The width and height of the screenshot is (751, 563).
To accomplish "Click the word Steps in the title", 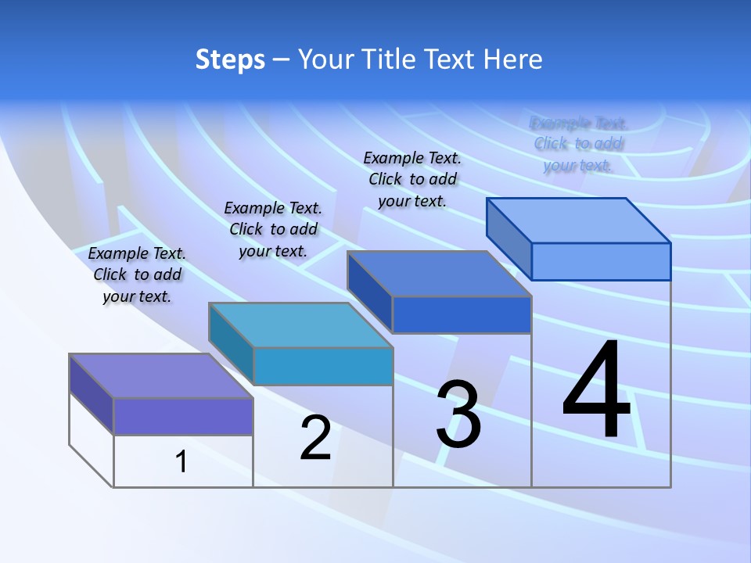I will click(230, 59).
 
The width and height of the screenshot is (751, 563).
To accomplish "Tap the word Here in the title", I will click(511, 59).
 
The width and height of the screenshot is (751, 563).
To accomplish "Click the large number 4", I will click(597, 391).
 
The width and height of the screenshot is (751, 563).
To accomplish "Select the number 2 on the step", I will click(315, 438).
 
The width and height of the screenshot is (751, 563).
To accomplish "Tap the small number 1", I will click(181, 462).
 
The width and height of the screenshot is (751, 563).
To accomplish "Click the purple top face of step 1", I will click(161, 376).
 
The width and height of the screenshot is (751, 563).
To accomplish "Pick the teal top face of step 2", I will click(300, 325).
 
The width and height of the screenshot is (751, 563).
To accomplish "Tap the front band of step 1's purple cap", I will click(183, 416).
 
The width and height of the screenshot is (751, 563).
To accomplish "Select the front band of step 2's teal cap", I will click(323, 366).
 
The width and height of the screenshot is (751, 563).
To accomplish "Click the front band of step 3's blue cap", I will click(462, 314).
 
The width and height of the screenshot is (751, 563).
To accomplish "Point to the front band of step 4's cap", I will click(601, 261).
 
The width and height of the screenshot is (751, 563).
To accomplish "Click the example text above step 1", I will click(137, 274).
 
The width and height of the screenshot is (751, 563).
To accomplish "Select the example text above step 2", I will click(273, 229).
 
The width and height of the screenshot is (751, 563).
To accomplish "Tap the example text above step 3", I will click(412, 179).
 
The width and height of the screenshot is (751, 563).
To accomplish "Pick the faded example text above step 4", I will click(578, 144).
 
